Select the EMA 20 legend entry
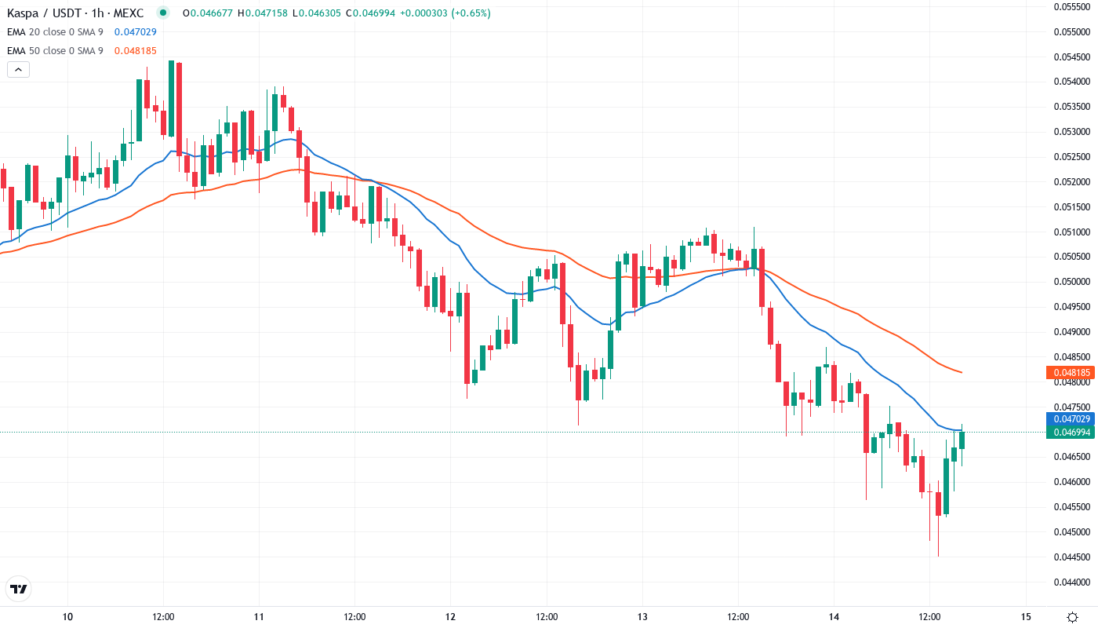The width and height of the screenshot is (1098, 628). coord(55,32)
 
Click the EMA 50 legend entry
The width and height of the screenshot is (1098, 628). coord(55,51)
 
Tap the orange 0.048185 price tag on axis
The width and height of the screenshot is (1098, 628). coord(1071,373)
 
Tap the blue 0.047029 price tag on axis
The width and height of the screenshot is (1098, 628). coord(1071,419)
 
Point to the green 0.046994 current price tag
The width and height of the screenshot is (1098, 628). coord(1071,433)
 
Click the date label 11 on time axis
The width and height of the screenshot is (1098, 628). coord(259,616)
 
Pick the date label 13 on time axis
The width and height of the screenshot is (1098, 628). coord(642,616)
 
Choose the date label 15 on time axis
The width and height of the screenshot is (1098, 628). coord(1026,616)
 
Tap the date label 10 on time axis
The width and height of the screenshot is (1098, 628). coord(67,616)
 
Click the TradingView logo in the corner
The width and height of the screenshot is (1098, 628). coord(18,589)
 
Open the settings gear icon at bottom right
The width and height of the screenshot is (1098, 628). coord(1072,616)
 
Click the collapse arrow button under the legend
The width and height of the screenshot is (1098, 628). coord(18,70)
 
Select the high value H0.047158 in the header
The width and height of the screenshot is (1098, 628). coord(263,13)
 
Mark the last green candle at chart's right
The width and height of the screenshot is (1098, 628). coord(962,439)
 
